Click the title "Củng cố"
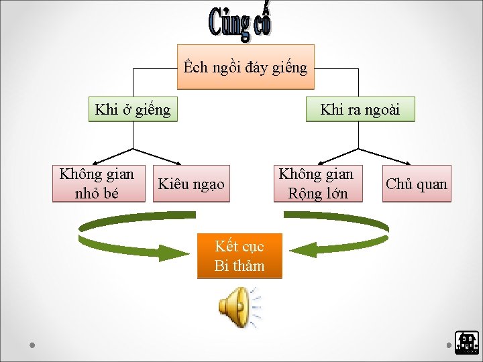[239, 22]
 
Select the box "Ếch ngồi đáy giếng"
[246, 67]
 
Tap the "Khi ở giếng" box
[133, 109]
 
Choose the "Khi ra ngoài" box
[360, 109]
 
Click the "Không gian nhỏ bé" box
[98, 184]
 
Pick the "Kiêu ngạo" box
[191, 184]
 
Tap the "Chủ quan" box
[417, 184]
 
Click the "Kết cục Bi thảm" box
[239, 255]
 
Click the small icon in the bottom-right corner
[466, 343]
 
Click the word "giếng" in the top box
[290, 68]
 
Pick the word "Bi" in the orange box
[221, 265]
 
